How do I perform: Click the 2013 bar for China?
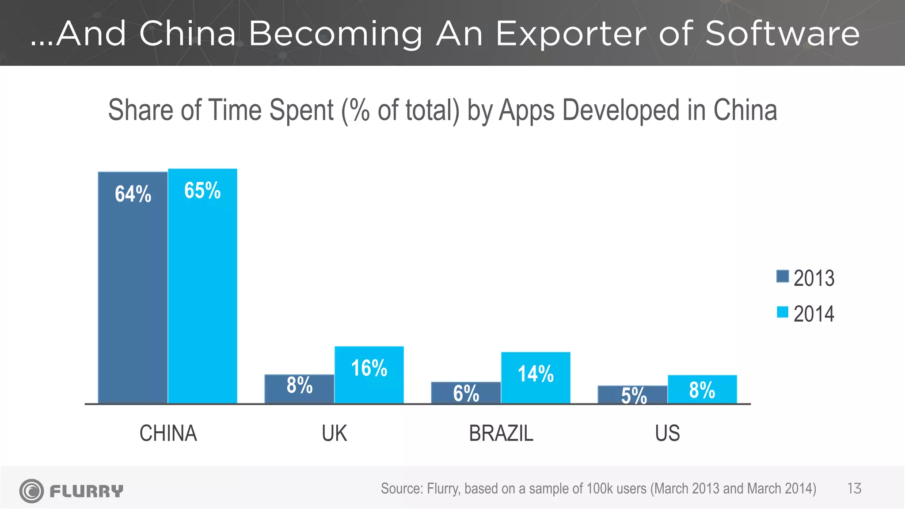(x=133, y=287)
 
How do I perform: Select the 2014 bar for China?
(x=202, y=287)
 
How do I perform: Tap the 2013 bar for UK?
(x=299, y=389)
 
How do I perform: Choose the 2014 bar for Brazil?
(x=536, y=378)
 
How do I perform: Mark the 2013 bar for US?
(x=632, y=395)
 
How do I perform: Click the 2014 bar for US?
(x=702, y=389)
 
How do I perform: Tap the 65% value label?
(x=202, y=190)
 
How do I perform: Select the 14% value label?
(x=536, y=374)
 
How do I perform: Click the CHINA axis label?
(x=168, y=433)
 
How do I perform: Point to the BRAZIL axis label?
(x=501, y=433)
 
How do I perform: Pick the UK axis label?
(x=335, y=433)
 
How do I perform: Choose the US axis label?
(x=667, y=433)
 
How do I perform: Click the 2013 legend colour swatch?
(x=783, y=276)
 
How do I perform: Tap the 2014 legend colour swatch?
(x=783, y=312)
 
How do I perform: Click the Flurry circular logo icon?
(x=31, y=491)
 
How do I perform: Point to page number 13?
(x=854, y=489)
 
